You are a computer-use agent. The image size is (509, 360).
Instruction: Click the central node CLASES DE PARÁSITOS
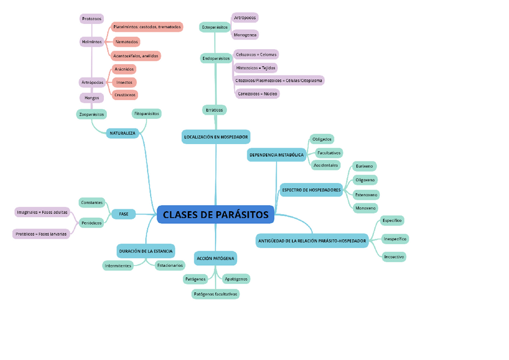pyautogui.click(x=215, y=215)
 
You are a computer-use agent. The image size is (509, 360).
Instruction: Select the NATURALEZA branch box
pyautogui.click(x=122, y=133)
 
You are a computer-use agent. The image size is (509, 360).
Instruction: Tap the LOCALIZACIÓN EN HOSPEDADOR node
pyautogui.click(x=215, y=137)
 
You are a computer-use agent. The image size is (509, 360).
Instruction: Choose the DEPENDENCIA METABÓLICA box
pyautogui.click(x=276, y=155)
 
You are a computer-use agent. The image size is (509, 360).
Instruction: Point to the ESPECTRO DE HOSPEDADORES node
pyautogui.click(x=311, y=190)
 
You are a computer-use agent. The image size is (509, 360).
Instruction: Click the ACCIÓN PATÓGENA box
pyautogui.click(x=215, y=258)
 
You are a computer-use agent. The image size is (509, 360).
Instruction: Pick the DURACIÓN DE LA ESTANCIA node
pyautogui.click(x=146, y=251)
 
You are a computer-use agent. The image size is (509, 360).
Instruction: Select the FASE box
pyautogui.click(x=124, y=214)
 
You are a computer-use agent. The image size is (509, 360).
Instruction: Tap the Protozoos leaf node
pyautogui.click(x=91, y=19)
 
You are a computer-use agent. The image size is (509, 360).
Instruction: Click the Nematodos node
pyautogui.click(x=126, y=42)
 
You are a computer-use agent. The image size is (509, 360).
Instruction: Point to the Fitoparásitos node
pyautogui.click(x=146, y=113)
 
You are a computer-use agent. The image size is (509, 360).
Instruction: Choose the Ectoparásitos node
pyautogui.click(x=214, y=27)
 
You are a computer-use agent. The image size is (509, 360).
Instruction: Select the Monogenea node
pyautogui.click(x=245, y=35)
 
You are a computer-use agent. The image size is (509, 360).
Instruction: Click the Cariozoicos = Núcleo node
pyautogui.click(x=257, y=94)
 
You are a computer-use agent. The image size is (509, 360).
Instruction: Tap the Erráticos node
pyautogui.click(x=214, y=110)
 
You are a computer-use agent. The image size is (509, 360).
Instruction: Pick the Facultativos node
pyautogui.click(x=328, y=153)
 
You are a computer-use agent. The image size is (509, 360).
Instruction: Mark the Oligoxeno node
pyautogui.click(x=365, y=180)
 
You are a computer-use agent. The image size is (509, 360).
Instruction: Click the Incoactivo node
pyautogui.click(x=394, y=257)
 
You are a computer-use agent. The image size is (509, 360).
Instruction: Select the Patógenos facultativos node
pyautogui.click(x=215, y=294)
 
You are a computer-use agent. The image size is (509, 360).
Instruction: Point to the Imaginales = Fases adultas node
pyautogui.click(x=43, y=212)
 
